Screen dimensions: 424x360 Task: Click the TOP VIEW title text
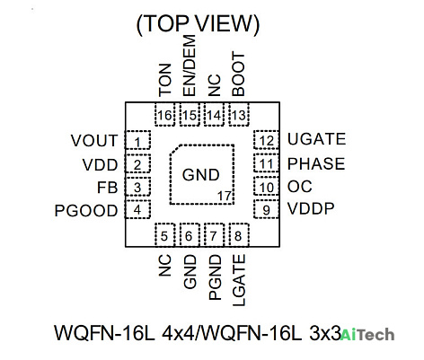(x=198, y=23)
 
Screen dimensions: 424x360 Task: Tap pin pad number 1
(x=137, y=140)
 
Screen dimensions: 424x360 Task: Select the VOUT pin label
(x=94, y=141)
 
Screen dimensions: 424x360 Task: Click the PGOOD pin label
(x=86, y=211)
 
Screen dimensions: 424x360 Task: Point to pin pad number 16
(x=165, y=115)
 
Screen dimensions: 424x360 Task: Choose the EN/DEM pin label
(x=189, y=66)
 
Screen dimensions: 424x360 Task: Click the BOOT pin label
(x=238, y=74)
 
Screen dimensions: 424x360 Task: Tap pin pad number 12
(x=266, y=140)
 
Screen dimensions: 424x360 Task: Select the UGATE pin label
(x=316, y=139)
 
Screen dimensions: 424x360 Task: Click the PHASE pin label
(x=316, y=163)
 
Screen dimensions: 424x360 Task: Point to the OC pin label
(x=299, y=187)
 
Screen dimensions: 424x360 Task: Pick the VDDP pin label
(x=311, y=208)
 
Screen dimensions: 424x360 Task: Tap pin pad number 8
(x=239, y=235)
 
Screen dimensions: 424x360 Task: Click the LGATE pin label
(x=239, y=280)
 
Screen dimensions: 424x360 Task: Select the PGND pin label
(x=215, y=277)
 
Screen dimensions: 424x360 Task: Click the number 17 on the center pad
(x=225, y=197)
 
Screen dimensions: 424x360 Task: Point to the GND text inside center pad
(x=200, y=175)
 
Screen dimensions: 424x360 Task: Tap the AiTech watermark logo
(x=367, y=335)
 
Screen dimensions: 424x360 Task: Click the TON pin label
(x=165, y=80)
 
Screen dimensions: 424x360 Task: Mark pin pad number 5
(x=165, y=235)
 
